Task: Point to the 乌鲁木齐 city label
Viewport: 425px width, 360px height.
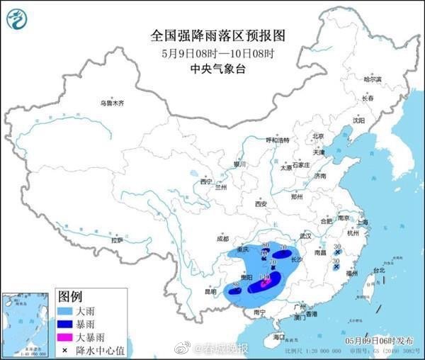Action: click(x=111, y=103)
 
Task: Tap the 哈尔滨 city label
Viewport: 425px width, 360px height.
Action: click(x=373, y=79)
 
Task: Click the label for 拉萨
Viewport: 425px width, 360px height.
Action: click(x=117, y=241)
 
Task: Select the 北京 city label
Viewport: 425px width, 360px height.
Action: click(x=318, y=136)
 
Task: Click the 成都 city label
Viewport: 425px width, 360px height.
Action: click(x=223, y=238)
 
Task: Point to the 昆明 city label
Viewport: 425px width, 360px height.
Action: click(x=210, y=291)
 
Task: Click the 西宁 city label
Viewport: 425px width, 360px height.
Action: click(x=206, y=182)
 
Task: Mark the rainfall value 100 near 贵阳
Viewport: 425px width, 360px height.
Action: click(x=265, y=277)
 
